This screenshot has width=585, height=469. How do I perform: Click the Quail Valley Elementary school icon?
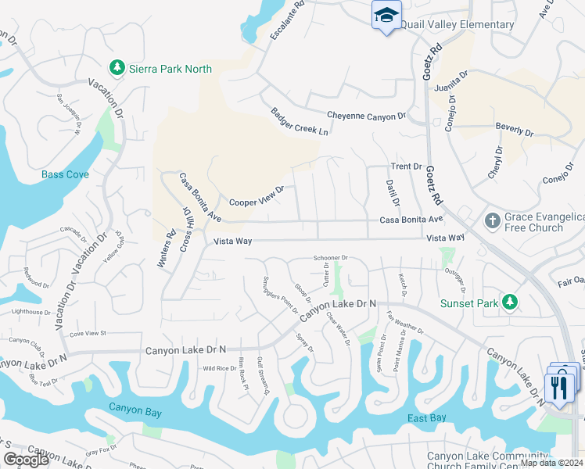point(386,16)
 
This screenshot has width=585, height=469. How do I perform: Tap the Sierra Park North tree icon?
point(117,68)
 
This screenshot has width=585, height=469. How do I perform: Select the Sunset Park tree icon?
point(510,301)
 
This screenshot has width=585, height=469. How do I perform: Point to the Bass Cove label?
point(65,174)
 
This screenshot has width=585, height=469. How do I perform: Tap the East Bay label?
point(427,418)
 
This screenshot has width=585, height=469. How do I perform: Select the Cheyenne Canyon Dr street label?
point(366,116)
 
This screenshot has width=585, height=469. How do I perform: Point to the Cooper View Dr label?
point(257,196)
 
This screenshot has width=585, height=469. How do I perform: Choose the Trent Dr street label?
point(406,166)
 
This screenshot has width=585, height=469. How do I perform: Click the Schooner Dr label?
point(330,257)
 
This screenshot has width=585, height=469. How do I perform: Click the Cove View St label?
point(87,333)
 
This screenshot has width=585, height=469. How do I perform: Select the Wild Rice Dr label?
point(220,368)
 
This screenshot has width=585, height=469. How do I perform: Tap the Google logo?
point(26,460)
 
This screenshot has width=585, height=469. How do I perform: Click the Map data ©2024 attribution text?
point(551,463)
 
